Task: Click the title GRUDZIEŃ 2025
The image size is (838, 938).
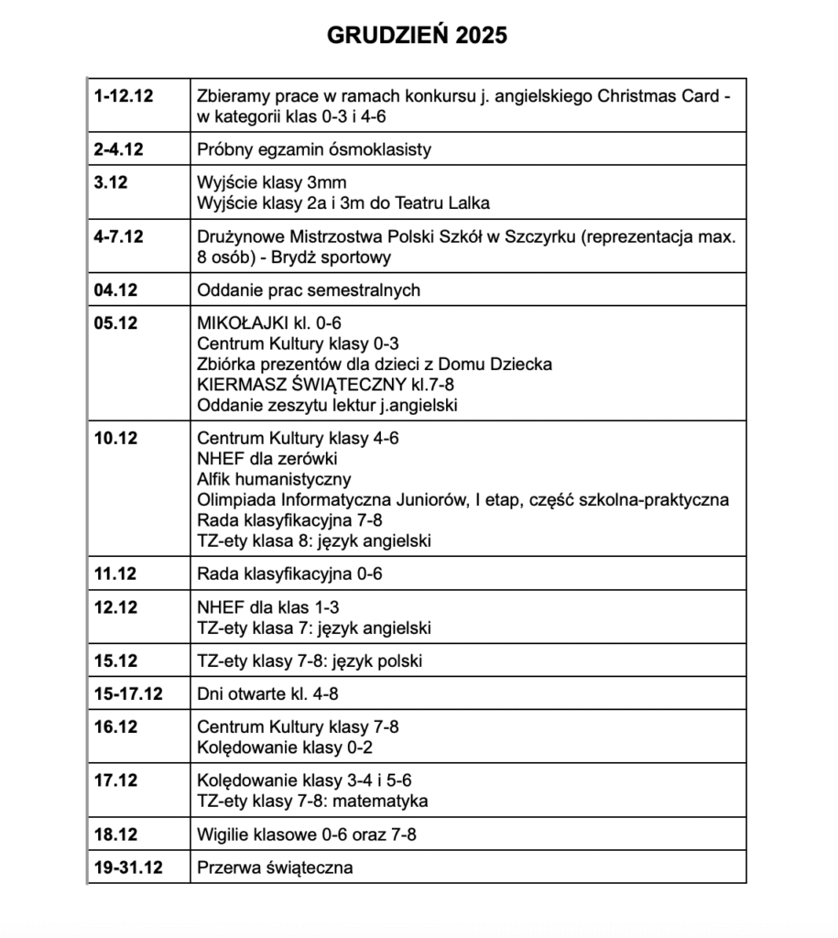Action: pos(417,35)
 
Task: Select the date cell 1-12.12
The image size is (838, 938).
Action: pos(123,95)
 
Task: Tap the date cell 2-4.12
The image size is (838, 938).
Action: pos(118,149)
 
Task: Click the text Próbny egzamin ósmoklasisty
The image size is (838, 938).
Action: pos(314,149)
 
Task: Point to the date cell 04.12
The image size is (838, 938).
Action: pos(115,290)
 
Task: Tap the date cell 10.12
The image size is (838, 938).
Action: pos(115,438)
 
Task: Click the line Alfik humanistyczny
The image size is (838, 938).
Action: pos(274,479)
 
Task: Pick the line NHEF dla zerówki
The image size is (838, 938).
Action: pos(268,459)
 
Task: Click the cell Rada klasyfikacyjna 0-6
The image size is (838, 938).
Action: pos(289,574)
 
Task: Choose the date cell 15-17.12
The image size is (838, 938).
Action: pos(128,693)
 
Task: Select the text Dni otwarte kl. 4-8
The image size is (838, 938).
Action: pos(275,693)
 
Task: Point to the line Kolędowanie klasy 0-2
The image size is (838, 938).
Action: pos(286,747)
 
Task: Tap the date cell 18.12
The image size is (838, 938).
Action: pos(115,834)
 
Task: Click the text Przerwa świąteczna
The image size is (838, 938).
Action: pos(275,867)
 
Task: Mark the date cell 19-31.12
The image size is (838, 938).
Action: pos(128,867)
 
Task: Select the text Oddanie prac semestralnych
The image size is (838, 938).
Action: pos(309,290)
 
